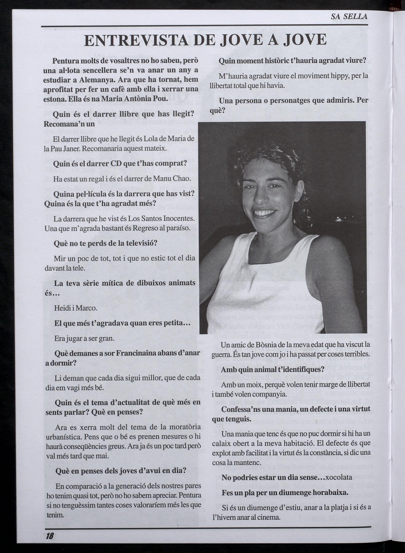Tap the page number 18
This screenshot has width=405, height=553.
[x=50, y=536]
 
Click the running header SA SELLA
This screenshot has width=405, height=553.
[x=349, y=17]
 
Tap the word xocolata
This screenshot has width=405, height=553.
[x=339, y=478]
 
